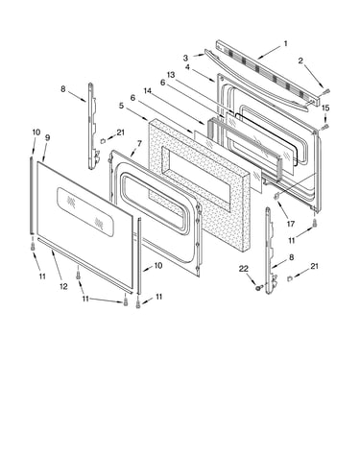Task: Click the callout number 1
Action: (x=285, y=43)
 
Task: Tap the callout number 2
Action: (x=300, y=60)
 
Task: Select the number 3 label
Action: (x=185, y=58)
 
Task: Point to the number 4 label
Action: (x=187, y=67)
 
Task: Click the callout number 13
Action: (x=171, y=75)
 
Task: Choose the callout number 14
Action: (x=148, y=90)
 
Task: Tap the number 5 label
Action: (x=121, y=106)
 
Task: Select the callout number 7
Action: (x=139, y=143)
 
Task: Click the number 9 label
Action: (x=47, y=137)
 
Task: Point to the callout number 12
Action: (x=63, y=286)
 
